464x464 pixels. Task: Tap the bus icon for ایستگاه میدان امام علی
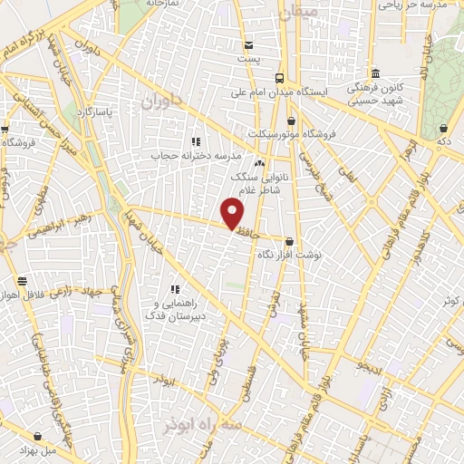click(x=279, y=78)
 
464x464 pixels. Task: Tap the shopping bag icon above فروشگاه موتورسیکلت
click(x=290, y=121)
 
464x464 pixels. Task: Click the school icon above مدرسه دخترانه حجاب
click(x=195, y=141)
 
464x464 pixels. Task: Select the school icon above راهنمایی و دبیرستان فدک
click(x=175, y=289)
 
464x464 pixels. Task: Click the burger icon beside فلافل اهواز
click(x=22, y=282)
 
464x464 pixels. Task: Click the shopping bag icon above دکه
click(x=442, y=129)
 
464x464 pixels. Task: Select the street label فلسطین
click(x=245, y=382)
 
